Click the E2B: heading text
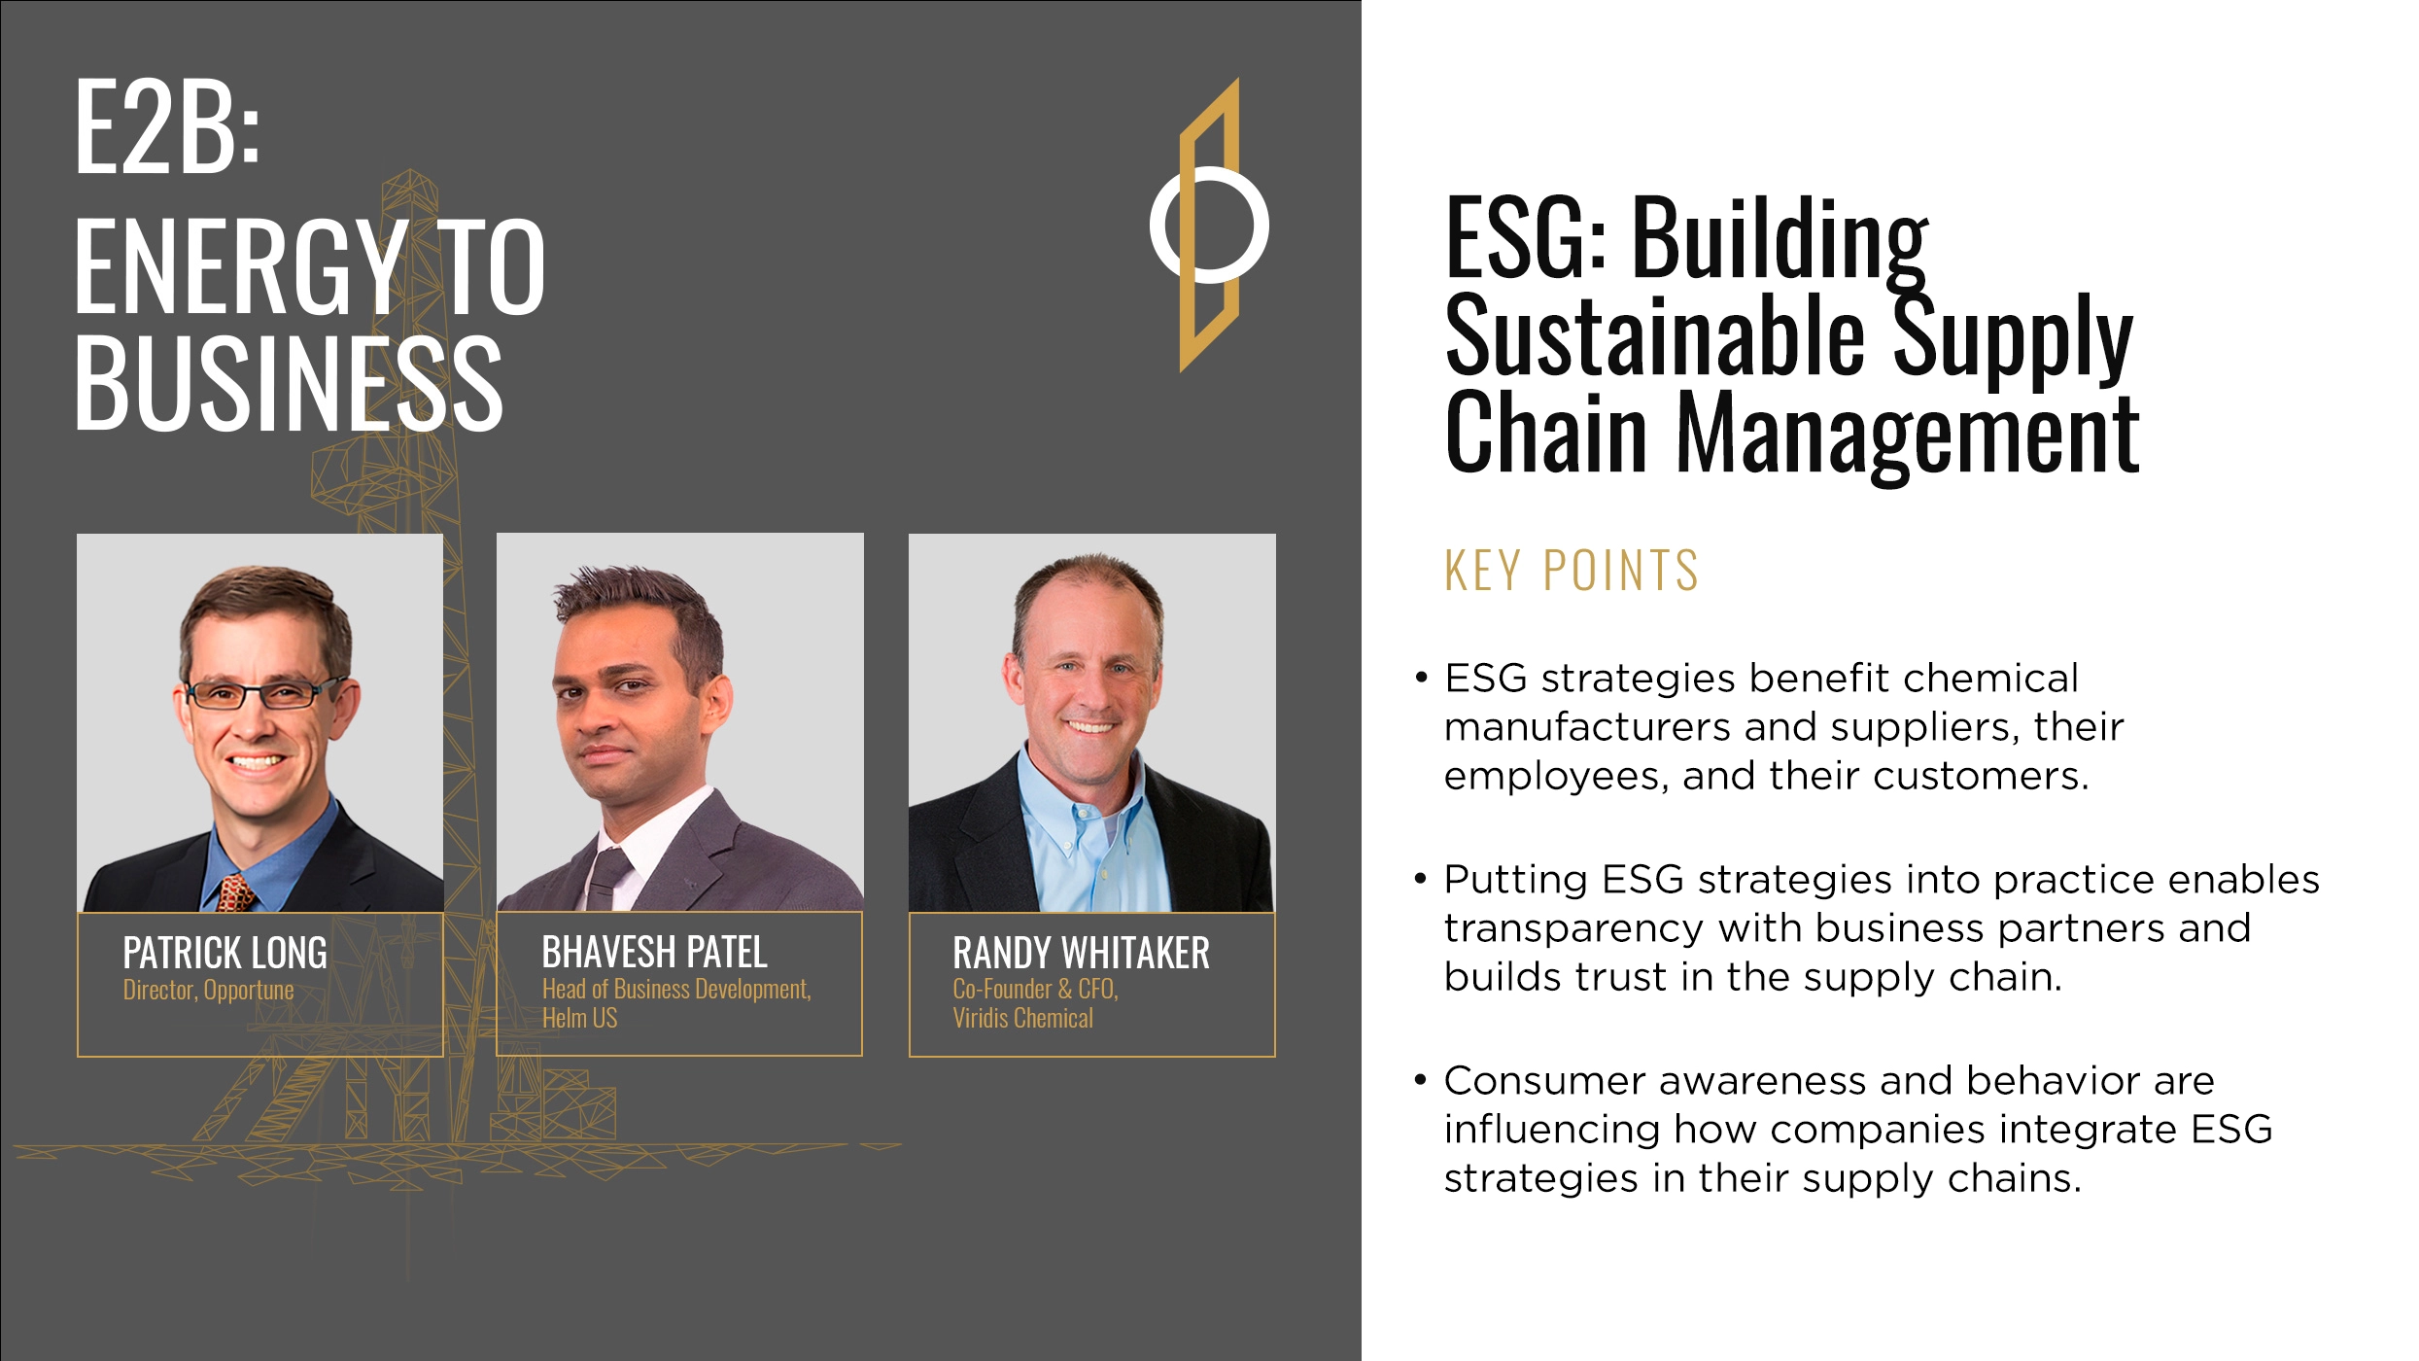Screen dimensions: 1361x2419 point(167,126)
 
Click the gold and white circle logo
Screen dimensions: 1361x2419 point(1209,225)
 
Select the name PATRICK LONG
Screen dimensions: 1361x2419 point(225,953)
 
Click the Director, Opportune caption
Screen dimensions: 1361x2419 point(208,991)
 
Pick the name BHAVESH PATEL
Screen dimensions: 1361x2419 point(654,953)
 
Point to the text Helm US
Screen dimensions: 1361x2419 point(579,1019)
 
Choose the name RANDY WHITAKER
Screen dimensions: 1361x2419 point(1081,953)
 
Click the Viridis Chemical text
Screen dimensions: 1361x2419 point(1022,1019)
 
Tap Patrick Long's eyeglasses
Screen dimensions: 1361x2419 point(262,694)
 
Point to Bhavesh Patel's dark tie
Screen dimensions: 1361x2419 point(609,875)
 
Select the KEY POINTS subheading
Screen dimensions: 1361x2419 point(1572,571)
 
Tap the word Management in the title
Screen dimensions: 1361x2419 point(1908,433)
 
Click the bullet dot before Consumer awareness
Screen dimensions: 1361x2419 point(1421,1079)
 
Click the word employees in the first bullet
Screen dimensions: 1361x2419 point(1556,777)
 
